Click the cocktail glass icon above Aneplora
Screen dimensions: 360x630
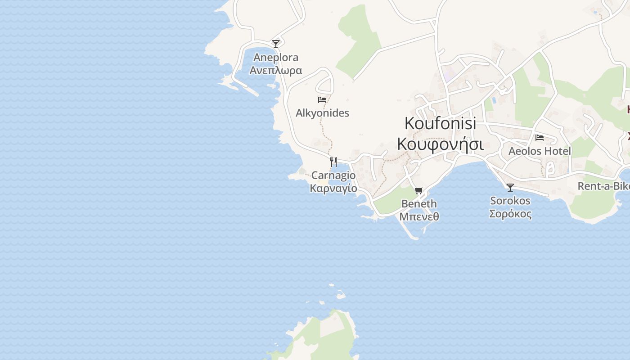coord(276,44)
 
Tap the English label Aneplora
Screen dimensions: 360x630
coord(276,58)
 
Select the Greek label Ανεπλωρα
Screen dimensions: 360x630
coord(276,71)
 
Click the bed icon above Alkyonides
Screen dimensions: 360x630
coord(322,100)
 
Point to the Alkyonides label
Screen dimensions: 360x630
coord(322,113)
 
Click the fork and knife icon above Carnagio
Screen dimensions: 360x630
coord(333,162)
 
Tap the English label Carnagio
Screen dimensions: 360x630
coord(333,175)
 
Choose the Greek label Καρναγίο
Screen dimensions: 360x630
coord(333,189)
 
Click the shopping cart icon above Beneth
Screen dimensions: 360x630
coord(419,191)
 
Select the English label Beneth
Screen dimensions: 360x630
coord(419,204)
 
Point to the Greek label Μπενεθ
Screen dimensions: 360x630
coord(419,217)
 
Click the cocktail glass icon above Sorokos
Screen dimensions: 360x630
coord(510,188)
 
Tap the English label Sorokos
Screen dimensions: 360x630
coord(510,201)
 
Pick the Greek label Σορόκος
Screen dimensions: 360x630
coord(510,214)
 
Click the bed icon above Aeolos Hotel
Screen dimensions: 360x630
coord(540,138)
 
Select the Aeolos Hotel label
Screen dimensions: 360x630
coord(540,151)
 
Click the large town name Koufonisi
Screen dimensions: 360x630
coord(440,123)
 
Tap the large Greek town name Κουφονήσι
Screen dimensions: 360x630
coord(440,144)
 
